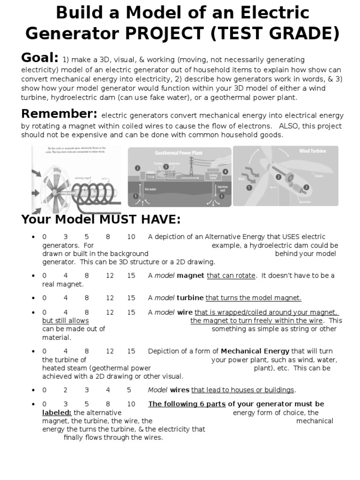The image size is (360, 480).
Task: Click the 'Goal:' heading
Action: pos(40,58)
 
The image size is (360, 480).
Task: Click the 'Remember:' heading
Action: pos(59,114)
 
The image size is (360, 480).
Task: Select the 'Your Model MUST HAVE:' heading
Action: pos(101,219)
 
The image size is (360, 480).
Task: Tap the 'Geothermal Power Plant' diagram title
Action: pos(180,153)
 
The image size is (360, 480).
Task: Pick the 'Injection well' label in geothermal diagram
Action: pos(223,188)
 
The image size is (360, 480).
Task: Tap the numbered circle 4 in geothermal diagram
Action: pos(225,172)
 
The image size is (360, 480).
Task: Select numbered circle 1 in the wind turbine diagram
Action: pos(249,187)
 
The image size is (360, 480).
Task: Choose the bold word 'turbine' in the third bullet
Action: pos(190,298)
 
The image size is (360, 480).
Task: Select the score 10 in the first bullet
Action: pos(131,237)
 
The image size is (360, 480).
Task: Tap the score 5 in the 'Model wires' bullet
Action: pos(129,390)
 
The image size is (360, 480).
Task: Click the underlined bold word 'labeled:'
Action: pos(57,412)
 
